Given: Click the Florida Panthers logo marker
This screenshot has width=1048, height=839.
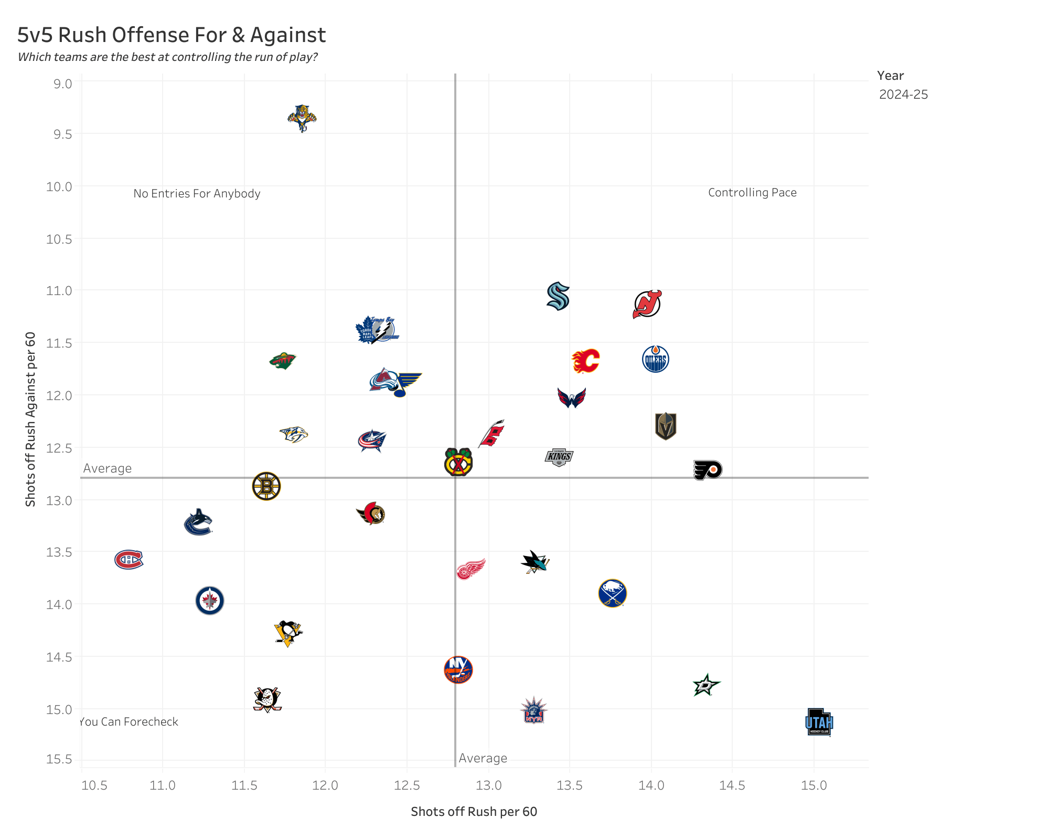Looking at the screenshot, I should (x=302, y=118).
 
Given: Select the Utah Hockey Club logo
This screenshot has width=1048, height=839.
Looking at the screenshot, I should (x=819, y=722).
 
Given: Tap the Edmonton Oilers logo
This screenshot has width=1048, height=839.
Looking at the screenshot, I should (x=655, y=359).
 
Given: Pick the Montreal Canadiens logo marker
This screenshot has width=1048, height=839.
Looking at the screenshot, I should (x=129, y=559).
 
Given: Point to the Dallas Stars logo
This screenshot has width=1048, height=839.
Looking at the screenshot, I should (x=706, y=685).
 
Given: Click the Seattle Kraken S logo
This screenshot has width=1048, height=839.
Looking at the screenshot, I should (x=558, y=296).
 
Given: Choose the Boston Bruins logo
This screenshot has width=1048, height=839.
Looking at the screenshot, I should (x=266, y=486).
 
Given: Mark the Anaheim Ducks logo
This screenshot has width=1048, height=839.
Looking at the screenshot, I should (x=268, y=699).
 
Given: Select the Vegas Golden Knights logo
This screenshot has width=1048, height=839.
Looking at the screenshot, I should (x=666, y=426).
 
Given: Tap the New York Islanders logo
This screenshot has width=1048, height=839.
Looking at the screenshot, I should (x=458, y=670).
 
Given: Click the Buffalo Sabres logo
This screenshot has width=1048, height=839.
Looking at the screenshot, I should (x=612, y=593).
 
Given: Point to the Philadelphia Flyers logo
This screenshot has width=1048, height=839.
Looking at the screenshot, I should (x=708, y=469).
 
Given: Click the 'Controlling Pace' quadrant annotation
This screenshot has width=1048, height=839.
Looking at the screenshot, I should (x=752, y=193).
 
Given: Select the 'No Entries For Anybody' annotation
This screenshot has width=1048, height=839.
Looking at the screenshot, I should (x=197, y=194).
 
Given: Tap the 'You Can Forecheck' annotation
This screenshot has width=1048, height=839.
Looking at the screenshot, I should (x=129, y=722).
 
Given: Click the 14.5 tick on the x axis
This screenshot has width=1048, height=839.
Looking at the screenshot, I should (x=732, y=785).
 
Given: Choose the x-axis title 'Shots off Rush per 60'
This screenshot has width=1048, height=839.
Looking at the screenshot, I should (x=474, y=812).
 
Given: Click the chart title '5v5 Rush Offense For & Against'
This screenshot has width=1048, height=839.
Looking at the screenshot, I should (x=172, y=35).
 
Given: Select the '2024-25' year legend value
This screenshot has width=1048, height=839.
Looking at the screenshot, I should (x=903, y=95).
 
